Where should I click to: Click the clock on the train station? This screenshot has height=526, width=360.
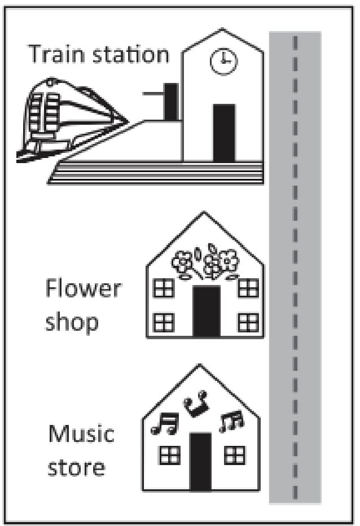click(x=223, y=61)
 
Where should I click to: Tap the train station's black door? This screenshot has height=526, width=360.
click(x=224, y=133)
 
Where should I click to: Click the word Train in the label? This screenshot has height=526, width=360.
click(x=56, y=54)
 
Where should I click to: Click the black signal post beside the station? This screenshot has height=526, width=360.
click(x=171, y=102)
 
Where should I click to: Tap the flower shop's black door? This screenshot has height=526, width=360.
click(x=207, y=311)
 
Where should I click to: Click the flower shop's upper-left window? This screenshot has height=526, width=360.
click(x=164, y=288)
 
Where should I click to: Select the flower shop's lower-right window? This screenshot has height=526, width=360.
click(x=248, y=323)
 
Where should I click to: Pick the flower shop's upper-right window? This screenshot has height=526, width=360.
click(x=248, y=288)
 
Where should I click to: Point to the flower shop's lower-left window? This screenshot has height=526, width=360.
click(x=164, y=323)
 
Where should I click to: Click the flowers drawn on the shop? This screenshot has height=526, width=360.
click(x=205, y=262)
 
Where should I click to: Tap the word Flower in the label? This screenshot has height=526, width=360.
click(x=83, y=288)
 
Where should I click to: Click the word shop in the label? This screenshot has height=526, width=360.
click(x=72, y=323)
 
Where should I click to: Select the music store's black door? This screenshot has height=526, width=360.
click(x=200, y=462)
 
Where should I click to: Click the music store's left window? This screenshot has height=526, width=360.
click(x=170, y=455)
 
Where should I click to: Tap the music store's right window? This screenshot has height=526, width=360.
click(x=235, y=455)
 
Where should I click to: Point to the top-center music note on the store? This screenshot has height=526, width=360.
click(x=196, y=403)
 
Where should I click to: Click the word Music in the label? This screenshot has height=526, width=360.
click(x=81, y=433)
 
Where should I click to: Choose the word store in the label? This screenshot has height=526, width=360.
click(x=77, y=467)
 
